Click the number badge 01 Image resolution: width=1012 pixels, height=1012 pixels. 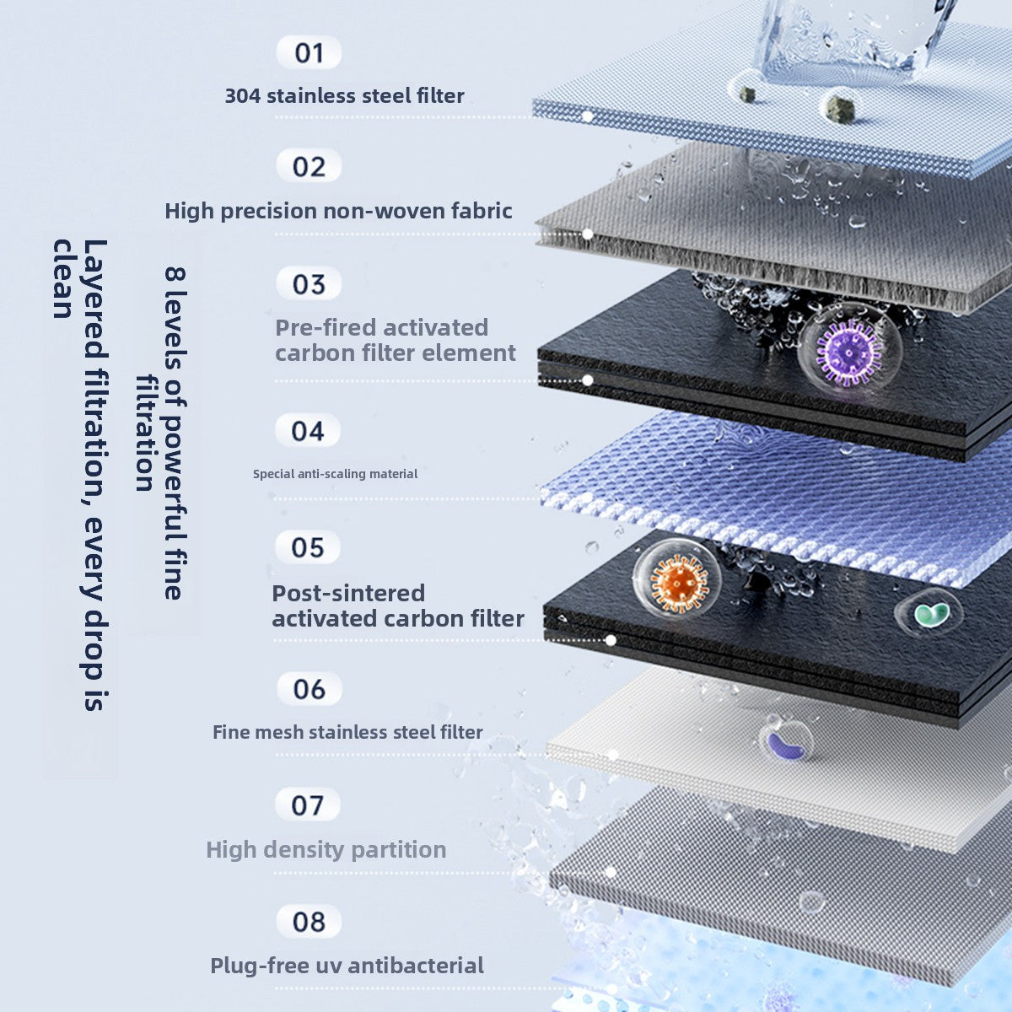point(309,53)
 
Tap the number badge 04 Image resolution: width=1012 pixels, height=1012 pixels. point(308,432)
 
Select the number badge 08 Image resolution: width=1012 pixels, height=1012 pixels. point(309,922)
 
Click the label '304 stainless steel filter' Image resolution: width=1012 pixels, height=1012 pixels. point(344,96)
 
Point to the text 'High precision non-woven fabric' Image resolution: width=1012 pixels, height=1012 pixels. point(338,211)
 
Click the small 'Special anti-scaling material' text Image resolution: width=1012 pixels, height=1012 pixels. point(335,474)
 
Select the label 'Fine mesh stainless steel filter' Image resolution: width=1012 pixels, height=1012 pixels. point(347,732)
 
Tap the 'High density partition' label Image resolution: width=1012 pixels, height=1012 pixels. point(326,849)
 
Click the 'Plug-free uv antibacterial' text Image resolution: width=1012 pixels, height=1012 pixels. point(347,966)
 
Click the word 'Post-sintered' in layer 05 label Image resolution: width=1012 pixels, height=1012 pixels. point(347,593)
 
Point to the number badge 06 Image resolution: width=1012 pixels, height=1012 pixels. point(309,689)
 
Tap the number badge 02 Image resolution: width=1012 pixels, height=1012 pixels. point(309,167)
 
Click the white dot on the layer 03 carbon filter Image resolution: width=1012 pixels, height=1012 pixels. point(588,380)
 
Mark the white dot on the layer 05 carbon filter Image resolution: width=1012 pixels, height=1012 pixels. point(610,640)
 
